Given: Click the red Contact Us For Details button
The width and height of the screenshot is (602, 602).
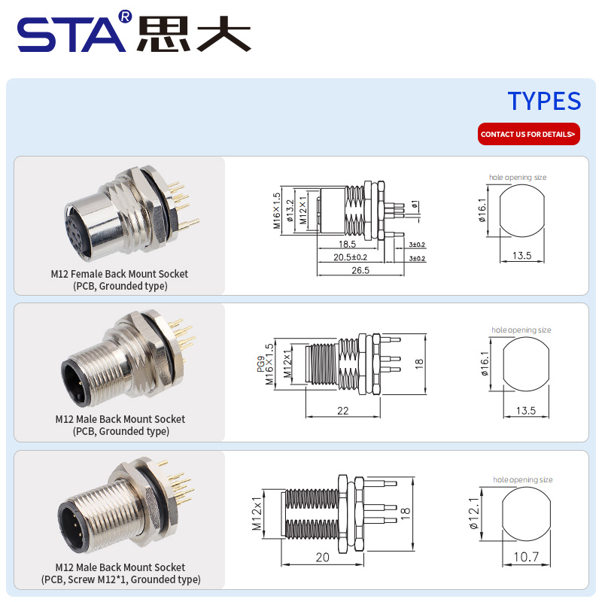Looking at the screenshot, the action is [x=529, y=134].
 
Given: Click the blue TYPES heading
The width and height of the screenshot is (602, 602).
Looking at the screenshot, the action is [x=544, y=101].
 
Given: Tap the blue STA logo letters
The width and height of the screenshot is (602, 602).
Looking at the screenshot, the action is [x=71, y=35].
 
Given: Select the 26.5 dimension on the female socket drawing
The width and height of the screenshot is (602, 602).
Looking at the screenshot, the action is [x=360, y=270].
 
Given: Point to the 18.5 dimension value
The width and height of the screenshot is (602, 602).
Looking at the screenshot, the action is [x=347, y=244].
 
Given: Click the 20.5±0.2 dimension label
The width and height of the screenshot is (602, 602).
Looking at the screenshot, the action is [x=350, y=257].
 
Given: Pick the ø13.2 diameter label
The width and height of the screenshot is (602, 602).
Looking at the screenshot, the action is [x=290, y=211].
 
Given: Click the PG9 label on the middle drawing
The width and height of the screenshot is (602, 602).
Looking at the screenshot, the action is [x=260, y=364].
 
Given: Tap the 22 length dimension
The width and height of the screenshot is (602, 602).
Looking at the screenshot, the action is [x=343, y=411].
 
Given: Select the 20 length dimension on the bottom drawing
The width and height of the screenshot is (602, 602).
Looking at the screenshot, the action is [x=323, y=557].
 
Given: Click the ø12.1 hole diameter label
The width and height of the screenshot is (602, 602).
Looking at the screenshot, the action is [x=475, y=513].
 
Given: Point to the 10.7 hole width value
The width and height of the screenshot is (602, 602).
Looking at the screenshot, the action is [x=526, y=557].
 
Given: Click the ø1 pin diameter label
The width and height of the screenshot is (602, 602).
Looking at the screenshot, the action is [x=415, y=204].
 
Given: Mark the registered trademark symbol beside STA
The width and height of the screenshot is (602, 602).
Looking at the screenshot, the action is [x=126, y=16].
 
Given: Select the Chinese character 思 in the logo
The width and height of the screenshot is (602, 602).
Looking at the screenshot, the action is [x=163, y=34].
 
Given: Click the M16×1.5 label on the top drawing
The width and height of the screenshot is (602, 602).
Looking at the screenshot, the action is [x=277, y=211].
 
